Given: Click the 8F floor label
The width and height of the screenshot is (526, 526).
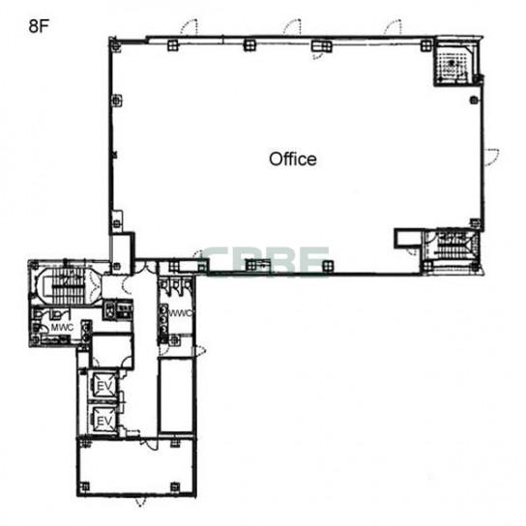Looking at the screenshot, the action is click(x=39, y=26).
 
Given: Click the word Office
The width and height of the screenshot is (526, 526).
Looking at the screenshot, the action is click(x=293, y=159).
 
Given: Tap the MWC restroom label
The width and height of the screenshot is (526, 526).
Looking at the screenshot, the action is click(x=62, y=327).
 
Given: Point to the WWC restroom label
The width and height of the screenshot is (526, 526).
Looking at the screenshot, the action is click(x=181, y=313).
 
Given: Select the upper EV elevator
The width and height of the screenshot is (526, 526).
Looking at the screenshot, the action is click(x=104, y=386).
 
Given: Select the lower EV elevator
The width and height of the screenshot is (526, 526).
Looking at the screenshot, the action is click(x=104, y=420).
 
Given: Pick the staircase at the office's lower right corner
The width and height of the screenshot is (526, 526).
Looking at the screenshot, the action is click(x=453, y=245).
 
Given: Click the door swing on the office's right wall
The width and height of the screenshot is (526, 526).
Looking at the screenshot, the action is click(x=492, y=157).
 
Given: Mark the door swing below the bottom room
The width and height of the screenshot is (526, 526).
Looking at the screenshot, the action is click(x=141, y=502).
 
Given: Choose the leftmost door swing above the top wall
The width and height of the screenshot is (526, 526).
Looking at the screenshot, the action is click(x=189, y=26).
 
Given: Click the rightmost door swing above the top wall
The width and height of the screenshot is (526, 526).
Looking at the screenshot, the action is click(x=393, y=26).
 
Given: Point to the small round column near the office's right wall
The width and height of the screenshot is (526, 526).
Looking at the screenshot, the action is click(x=474, y=100).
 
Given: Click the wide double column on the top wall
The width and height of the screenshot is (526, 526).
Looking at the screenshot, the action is click(x=321, y=45).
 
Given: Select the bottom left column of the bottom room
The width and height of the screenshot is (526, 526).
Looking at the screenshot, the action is click(x=85, y=486).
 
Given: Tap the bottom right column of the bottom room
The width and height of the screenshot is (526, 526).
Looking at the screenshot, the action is click(x=175, y=486).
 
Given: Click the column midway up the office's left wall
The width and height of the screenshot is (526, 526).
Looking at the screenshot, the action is click(x=116, y=100).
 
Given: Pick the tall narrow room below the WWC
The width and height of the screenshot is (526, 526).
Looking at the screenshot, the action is click(x=176, y=395).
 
